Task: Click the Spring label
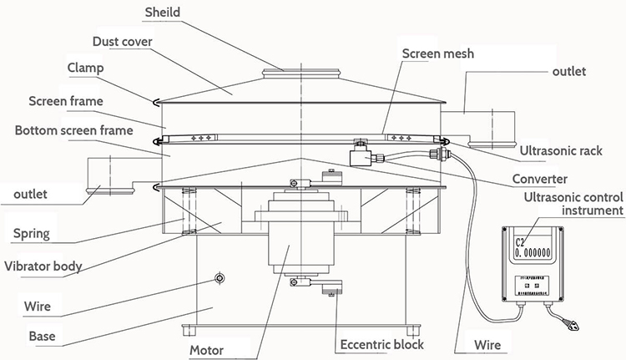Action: pos(33,235)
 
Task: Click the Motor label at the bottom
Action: pos(206,349)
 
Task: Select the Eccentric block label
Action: pos(381,344)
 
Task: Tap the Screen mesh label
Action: pos(437,53)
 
